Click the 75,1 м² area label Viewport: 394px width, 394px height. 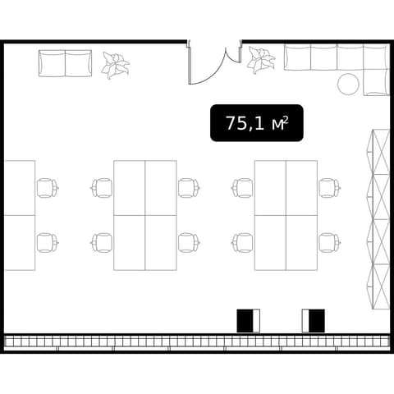tap(257, 123)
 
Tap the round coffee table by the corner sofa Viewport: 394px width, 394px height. tap(348, 85)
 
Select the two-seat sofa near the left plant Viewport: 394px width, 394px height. tap(65, 63)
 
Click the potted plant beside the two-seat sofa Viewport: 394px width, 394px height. tap(115, 66)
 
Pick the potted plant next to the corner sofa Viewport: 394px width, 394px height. tap(261, 60)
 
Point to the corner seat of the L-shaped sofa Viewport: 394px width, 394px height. tap(377, 57)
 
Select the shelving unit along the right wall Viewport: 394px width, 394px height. tap(378, 219)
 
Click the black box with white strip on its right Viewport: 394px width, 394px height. tap(248, 321)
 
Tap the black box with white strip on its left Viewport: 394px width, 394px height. tap(314, 321)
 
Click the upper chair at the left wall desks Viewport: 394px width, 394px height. tap(48, 188)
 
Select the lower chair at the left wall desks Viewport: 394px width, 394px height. tap(48, 243)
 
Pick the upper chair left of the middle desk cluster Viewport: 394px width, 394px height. tap(102, 188)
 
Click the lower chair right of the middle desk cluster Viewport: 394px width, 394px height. tap(189, 243)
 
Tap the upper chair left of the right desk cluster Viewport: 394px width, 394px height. tap(242, 188)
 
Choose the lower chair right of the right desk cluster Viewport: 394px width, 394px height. tap(330, 243)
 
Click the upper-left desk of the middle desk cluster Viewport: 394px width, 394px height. tap(130, 188)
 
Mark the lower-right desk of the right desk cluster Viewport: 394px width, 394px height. tap(302, 243)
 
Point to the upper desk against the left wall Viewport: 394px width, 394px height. tap(20, 188)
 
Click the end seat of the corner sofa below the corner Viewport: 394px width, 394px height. tap(377, 83)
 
